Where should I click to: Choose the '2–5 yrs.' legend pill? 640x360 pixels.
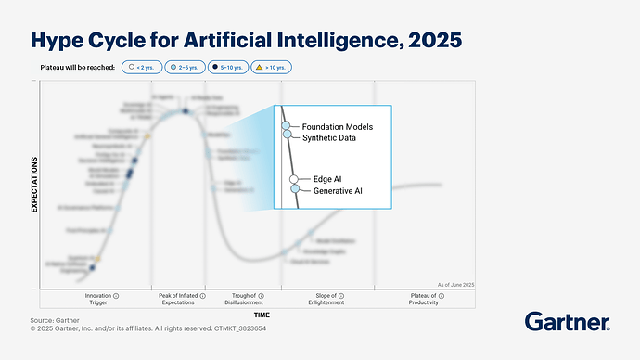tap(186, 68)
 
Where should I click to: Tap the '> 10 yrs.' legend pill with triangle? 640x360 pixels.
tap(273, 68)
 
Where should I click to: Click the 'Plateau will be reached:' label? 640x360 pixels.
tap(78, 68)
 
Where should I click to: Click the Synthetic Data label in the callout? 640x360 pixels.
tap(327, 136)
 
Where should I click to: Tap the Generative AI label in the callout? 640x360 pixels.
tap(338, 190)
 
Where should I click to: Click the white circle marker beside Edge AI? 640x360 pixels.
tap(294, 179)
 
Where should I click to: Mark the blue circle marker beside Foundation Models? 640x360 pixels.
tap(287, 125)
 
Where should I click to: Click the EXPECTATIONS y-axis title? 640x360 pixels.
tap(34, 185)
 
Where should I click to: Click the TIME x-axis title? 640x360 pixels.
tap(262, 315)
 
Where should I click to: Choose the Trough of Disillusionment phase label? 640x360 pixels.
tap(243, 299)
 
